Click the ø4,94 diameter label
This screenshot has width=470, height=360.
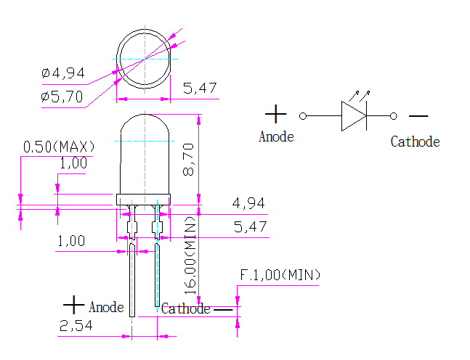[x=63, y=73]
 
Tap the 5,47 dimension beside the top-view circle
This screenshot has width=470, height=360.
[x=200, y=89]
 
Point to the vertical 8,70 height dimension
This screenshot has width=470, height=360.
[x=189, y=159]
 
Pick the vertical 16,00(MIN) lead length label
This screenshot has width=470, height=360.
[x=190, y=254]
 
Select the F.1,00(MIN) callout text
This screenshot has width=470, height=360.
[x=280, y=276]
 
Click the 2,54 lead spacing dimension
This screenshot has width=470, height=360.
[x=75, y=326]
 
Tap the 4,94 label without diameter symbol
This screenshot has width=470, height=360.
[x=248, y=203]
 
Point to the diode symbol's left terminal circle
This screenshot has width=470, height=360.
[x=304, y=115]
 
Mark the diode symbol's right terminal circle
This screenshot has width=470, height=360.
[x=394, y=115]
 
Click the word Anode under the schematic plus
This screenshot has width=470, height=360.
[x=276, y=136]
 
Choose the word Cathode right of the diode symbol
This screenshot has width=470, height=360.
[x=415, y=142]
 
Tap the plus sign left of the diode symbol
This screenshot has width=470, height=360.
[x=276, y=114]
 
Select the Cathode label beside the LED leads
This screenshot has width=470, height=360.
[x=185, y=308]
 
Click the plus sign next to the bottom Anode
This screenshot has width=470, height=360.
[x=74, y=305]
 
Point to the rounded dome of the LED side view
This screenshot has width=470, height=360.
[x=145, y=127]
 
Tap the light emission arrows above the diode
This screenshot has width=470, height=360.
[x=361, y=94]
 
